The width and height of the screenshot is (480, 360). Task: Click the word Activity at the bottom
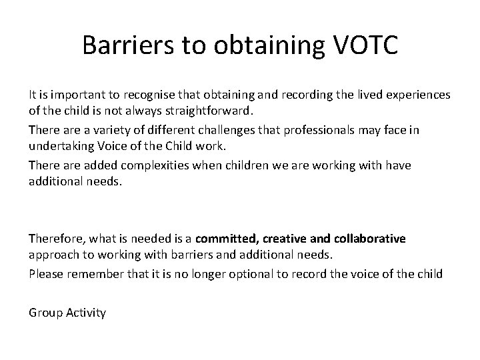click(85, 312)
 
